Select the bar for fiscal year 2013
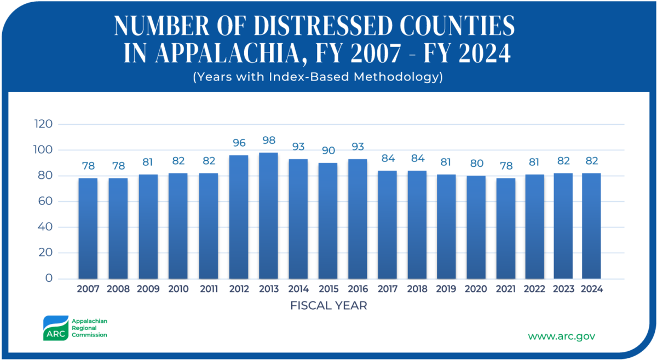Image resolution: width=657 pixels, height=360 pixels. click(x=268, y=216)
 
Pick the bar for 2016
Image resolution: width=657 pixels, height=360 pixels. click(x=358, y=219)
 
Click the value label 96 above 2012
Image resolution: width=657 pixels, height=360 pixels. click(x=238, y=143)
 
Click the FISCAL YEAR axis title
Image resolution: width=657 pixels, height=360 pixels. click(x=328, y=306)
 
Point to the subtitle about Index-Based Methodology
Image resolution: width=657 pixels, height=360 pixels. click(x=317, y=77)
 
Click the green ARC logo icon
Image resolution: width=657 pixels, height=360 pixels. click(x=55, y=328)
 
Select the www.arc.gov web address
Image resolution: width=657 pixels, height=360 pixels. click(x=561, y=336)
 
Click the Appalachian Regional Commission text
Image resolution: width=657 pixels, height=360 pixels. click(x=89, y=327)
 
